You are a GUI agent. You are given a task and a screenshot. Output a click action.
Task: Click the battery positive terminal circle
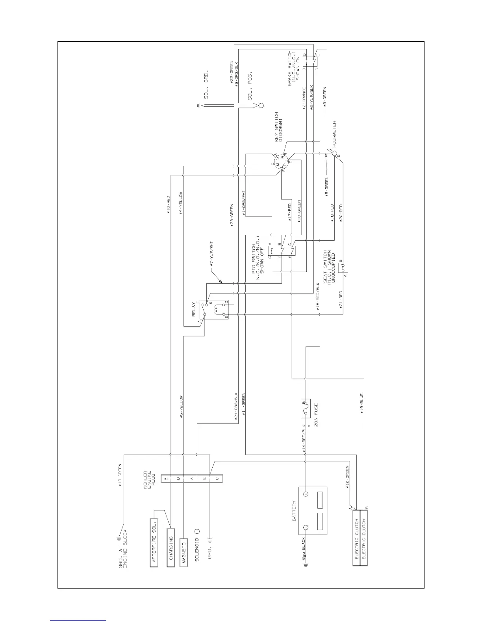[306, 493]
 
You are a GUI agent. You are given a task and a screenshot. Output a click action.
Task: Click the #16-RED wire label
[168, 204]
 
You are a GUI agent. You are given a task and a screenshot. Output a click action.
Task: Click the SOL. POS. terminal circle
[260, 106]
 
